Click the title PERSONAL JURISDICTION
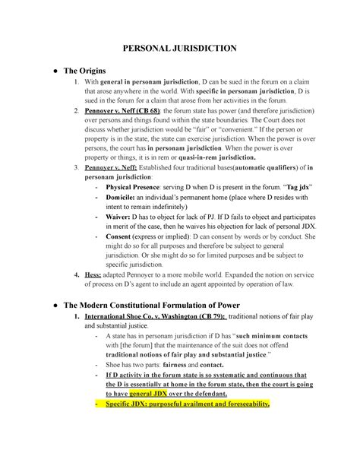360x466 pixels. click(x=179, y=48)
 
